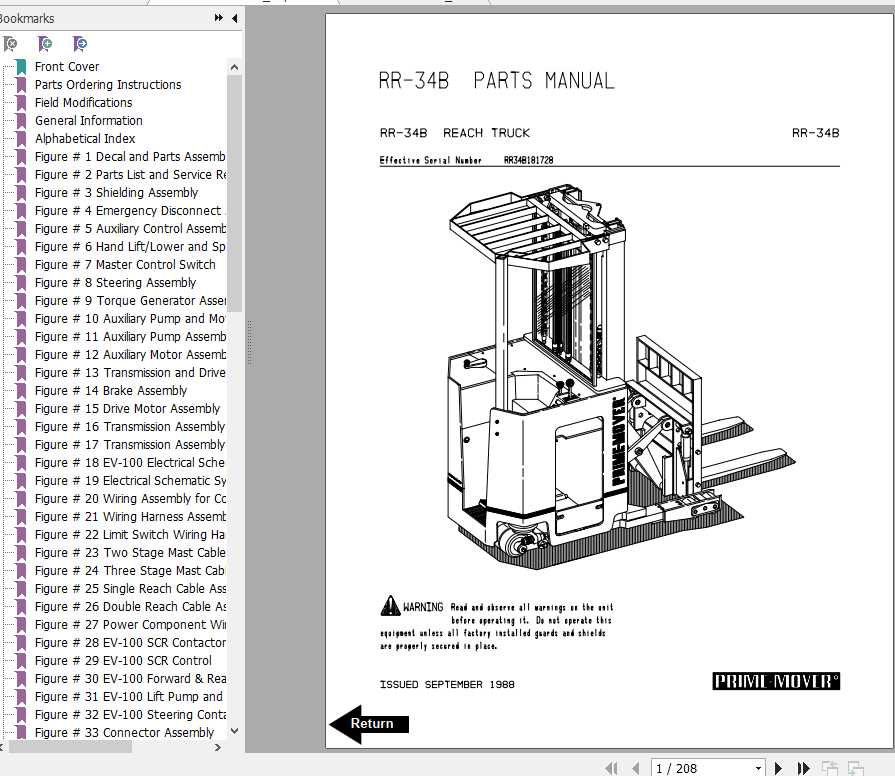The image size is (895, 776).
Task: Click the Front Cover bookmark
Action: click(67, 67)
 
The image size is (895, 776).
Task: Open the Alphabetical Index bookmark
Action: click(85, 139)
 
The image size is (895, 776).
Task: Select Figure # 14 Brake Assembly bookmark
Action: click(110, 391)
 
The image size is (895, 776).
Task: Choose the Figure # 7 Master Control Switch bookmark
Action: click(124, 265)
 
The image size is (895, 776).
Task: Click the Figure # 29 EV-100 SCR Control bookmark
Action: click(123, 661)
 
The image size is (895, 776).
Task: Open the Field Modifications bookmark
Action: click(83, 103)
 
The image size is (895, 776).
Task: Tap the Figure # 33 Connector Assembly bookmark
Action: click(124, 733)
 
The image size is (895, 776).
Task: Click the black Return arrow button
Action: click(369, 724)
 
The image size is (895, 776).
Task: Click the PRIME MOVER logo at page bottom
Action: click(776, 682)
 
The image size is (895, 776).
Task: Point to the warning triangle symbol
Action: click(390, 606)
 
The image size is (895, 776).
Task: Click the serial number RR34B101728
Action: click(528, 160)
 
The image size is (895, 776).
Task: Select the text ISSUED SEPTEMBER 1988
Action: click(446, 685)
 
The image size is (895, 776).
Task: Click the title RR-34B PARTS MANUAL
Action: click(496, 81)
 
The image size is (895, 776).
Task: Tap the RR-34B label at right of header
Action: click(815, 133)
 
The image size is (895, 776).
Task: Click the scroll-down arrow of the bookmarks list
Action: click(235, 731)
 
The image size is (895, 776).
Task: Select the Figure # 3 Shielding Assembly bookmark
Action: click(116, 193)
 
